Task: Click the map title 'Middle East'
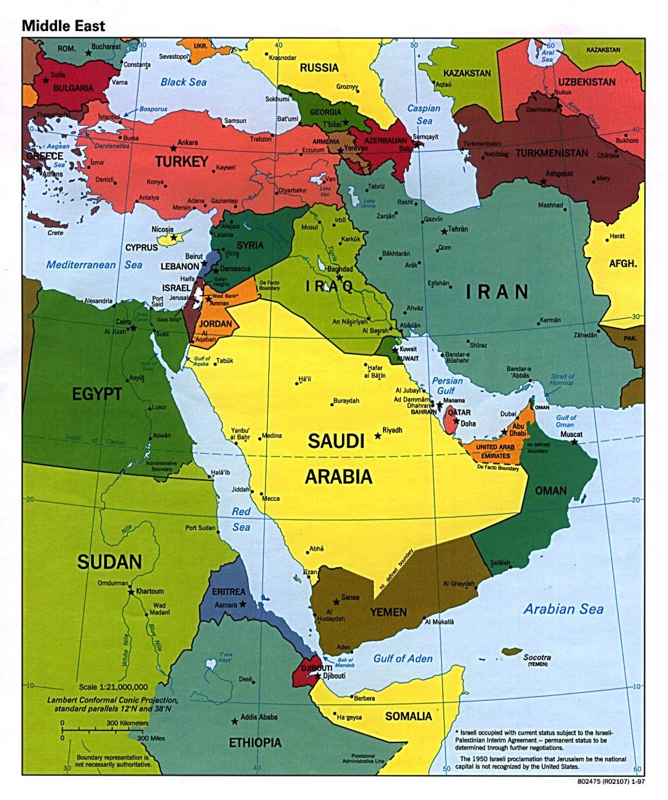point(63,25)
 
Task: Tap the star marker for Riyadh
point(377,436)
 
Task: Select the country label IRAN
point(497,292)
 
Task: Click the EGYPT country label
point(96,394)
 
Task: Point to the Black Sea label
point(183,82)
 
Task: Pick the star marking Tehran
point(443,232)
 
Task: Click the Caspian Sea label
point(424,115)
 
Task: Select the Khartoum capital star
point(131,592)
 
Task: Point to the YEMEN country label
point(388,612)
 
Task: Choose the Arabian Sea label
point(563,609)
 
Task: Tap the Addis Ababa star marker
point(234,721)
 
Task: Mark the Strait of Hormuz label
point(562,379)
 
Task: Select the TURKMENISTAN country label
point(552,153)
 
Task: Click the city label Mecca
point(270,498)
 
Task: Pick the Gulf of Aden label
point(403,658)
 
